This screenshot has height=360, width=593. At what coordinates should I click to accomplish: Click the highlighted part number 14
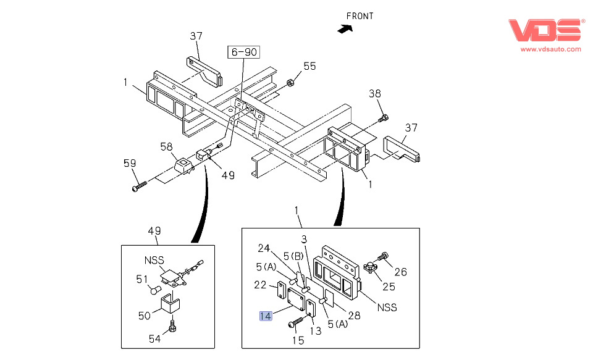click(266, 316)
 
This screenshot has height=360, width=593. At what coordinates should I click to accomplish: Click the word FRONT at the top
click(360, 16)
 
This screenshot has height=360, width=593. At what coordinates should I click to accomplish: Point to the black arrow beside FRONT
click(344, 27)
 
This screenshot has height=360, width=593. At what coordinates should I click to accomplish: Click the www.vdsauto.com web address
click(550, 49)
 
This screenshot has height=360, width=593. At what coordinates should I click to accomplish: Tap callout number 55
click(309, 66)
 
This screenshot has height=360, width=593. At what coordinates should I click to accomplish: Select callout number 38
click(375, 94)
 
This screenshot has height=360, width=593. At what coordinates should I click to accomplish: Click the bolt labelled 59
click(140, 185)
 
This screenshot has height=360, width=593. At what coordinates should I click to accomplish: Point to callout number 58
click(166, 146)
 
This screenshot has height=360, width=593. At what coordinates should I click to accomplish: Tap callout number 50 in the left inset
click(145, 316)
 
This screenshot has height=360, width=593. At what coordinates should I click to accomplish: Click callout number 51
click(141, 278)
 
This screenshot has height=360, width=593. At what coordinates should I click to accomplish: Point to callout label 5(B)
click(294, 256)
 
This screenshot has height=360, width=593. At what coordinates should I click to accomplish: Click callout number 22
click(260, 285)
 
